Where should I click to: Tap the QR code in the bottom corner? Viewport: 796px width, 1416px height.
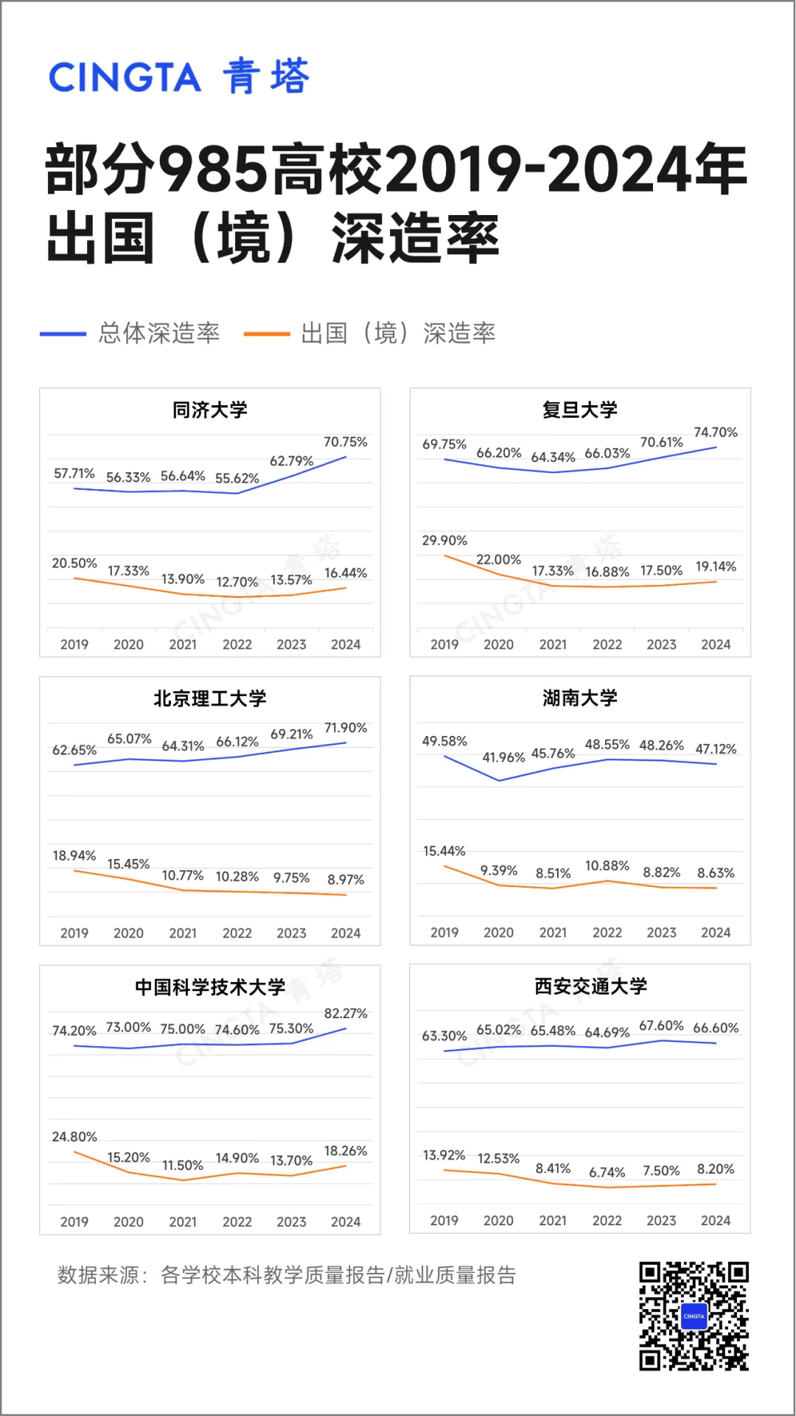tap(694, 1316)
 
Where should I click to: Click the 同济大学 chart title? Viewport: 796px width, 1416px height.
tap(209, 410)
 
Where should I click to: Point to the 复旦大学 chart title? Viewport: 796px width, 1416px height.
tap(579, 410)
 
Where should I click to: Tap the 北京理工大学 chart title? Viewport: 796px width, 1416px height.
tap(209, 698)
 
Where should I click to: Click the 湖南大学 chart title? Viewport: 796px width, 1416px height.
tap(579, 698)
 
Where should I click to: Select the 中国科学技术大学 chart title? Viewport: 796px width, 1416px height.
tap(209, 986)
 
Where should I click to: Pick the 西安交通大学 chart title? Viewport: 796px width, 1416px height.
tap(590, 986)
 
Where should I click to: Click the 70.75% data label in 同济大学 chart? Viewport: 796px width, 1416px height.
tap(345, 442)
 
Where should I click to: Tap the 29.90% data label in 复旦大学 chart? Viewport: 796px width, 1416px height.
tap(444, 541)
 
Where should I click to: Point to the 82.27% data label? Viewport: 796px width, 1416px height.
tap(345, 1014)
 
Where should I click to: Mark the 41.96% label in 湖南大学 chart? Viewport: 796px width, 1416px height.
tap(503, 757)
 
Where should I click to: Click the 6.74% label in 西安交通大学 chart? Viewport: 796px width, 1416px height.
tap(607, 1172)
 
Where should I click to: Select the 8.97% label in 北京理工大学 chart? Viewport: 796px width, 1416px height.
tap(345, 880)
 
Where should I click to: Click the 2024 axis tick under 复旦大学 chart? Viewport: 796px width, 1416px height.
tap(715, 645)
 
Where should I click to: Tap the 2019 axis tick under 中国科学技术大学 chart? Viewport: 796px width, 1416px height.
tap(74, 1222)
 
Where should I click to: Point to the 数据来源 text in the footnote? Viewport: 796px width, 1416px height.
tap(98, 1275)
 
